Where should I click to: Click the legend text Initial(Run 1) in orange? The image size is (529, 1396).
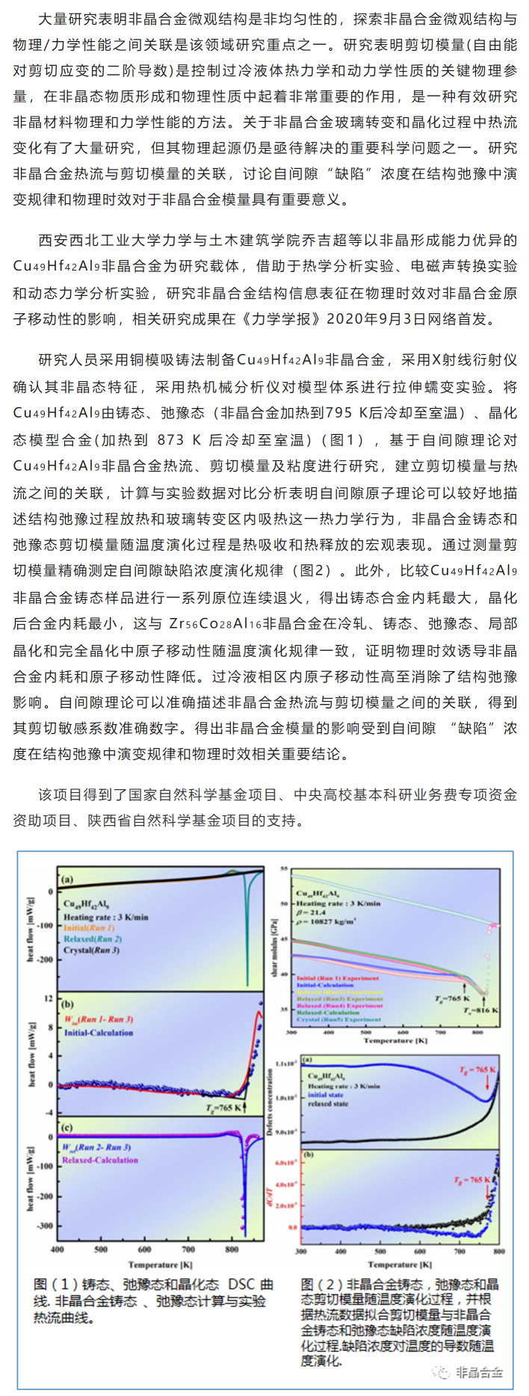click(89, 928)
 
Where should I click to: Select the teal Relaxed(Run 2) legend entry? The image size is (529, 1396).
click(93, 939)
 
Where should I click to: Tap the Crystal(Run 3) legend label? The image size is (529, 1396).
click(91, 950)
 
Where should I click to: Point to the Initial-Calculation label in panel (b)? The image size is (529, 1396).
click(98, 1033)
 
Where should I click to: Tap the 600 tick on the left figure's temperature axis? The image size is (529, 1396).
click(144, 1249)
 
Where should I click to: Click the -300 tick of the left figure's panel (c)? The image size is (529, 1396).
click(46, 1226)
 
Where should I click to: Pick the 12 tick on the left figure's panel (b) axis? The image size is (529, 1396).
click(49, 998)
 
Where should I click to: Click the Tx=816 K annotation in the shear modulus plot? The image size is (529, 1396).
click(481, 1010)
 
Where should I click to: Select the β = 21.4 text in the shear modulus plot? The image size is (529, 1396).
click(310, 912)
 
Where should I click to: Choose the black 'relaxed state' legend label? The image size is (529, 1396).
click(328, 1103)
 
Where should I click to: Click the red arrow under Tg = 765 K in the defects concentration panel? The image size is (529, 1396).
click(487, 1081)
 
